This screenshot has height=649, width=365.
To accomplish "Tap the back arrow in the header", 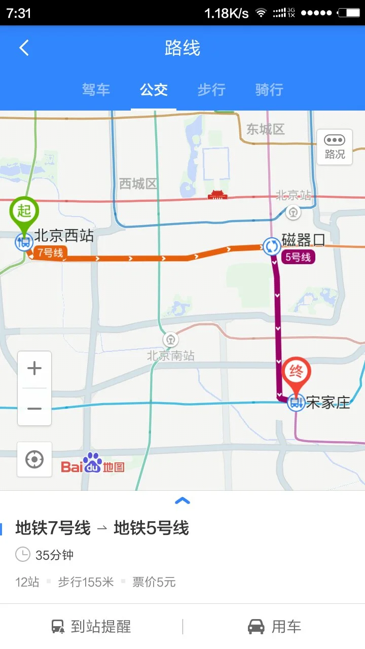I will coord(24,48).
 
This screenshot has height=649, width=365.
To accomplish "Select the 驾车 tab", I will coord(96,90).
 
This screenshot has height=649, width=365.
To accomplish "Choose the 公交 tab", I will coord(154,90).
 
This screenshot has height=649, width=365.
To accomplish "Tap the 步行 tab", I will coord(211,90).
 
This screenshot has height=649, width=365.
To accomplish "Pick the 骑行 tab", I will coord(269,90).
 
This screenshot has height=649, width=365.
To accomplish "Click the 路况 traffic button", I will coord(335,147).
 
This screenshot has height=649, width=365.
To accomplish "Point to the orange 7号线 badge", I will coord(50,252).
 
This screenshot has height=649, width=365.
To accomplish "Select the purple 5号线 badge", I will coord(298,257).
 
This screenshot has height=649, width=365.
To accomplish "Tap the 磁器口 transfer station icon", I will coord(272,247).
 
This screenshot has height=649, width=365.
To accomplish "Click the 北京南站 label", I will coord(171,355).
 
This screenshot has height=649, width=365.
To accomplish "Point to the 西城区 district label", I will coord(138,184).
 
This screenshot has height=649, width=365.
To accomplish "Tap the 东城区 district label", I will coord(265,129).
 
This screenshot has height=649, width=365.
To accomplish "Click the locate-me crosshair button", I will coord(34,459).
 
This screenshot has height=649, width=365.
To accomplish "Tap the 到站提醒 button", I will coord(91,627).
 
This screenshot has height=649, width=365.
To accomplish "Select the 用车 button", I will coord(274,627).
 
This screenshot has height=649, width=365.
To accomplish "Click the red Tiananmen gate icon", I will coord(217,195).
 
